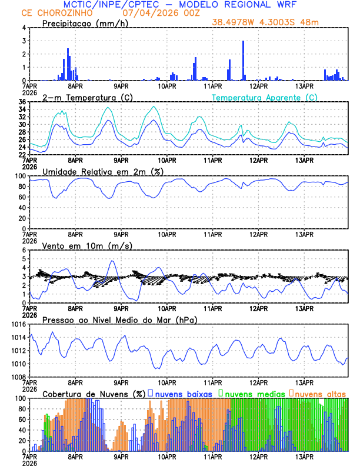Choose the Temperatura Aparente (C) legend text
[x=265, y=97]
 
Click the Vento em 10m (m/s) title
[x=87, y=245]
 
